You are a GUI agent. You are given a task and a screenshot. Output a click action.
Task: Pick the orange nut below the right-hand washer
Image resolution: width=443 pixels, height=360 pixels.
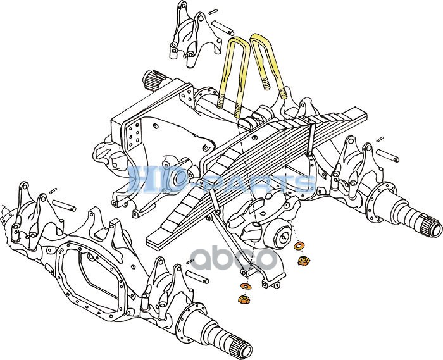click(304, 259)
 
